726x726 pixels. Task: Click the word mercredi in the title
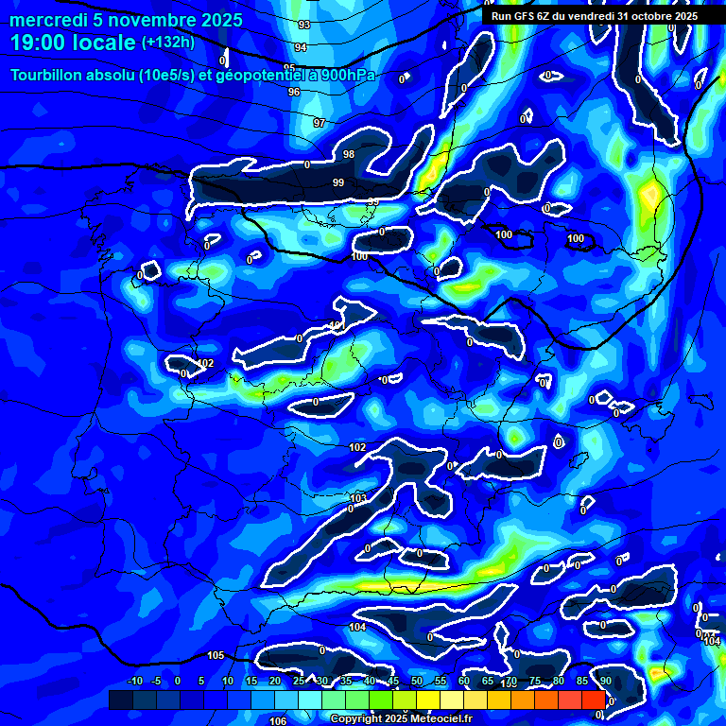click(52, 20)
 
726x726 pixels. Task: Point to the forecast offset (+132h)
click(168, 43)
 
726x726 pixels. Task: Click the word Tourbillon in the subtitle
click(49, 75)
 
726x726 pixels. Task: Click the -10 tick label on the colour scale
click(134, 682)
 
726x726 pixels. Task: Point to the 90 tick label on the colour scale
click(605, 682)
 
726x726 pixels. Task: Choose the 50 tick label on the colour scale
click(417, 682)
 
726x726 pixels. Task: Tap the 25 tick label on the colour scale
click(298, 682)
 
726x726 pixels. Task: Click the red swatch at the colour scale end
click(594, 700)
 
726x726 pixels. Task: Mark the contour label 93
click(303, 25)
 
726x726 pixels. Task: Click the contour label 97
click(320, 124)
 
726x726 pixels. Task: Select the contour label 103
click(358, 498)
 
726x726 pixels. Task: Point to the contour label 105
click(216, 655)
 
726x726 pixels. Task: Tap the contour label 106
click(278, 720)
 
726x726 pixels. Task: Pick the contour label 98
click(349, 154)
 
